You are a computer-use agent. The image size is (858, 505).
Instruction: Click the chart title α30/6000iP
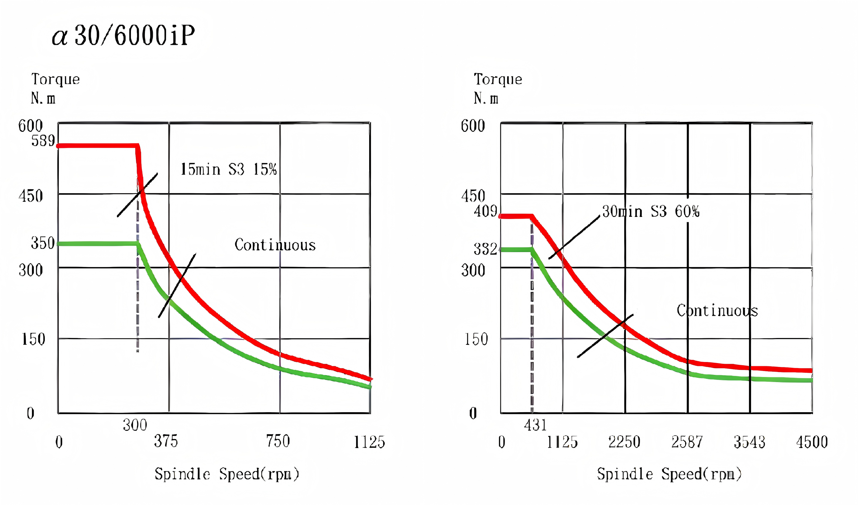pyautogui.click(x=123, y=35)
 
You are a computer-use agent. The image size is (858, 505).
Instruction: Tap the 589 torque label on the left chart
pyautogui.click(x=43, y=141)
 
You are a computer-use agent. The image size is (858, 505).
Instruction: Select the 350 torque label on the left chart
pyautogui.click(x=43, y=243)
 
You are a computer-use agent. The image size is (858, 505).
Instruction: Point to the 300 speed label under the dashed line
pyautogui.click(x=135, y=425)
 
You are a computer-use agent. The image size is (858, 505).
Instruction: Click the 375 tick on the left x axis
pyautogui.click(x=166, y=441)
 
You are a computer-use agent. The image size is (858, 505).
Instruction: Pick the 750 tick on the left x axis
pyautogui.click(x=278, y=441)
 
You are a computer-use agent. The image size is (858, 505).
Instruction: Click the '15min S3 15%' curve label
pyautogui.click(x=228, y=169)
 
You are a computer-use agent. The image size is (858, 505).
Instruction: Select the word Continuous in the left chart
pyautogui.click(x=275, y=245)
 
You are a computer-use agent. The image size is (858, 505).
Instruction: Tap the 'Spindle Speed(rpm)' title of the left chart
pyautogui.click(x=227, y=474)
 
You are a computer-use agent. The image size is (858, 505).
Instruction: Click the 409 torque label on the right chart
pyautogui.click(x=486, y=211)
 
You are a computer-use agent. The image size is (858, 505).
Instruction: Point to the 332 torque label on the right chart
pyautogui.click(x=485, y=249)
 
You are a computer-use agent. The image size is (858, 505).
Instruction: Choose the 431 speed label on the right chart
pyautogui.click(x=535, y=425)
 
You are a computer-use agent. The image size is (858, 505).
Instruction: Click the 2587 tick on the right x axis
pyautogui.click(x=687, y=442)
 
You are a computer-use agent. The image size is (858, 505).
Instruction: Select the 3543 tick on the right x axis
pyautogui.click(x=749, y=442)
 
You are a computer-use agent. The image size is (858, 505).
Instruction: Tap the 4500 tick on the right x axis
pyautogui.click(x=812, y=442)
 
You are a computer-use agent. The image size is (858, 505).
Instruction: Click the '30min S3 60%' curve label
pyautogui.click(x=651, y=211)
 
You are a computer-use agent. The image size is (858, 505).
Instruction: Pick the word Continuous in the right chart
pyautogui.click(x=717, y=311)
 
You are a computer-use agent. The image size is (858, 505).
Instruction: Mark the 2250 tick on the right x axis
pyautogui.click(x=624, y=442)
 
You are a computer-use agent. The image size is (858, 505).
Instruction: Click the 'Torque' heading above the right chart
pyautogui.click(x=498, y=79)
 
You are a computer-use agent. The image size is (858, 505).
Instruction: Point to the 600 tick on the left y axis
pyautogui.click(x=30, y=126)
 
